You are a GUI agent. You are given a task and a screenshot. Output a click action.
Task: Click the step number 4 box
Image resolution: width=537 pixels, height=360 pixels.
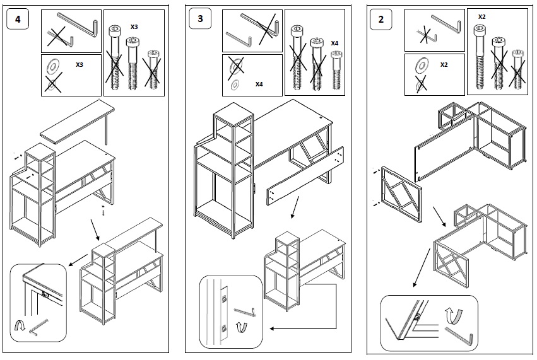[18, 19]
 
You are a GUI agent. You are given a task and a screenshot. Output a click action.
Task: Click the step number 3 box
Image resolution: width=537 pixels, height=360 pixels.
[201, 19]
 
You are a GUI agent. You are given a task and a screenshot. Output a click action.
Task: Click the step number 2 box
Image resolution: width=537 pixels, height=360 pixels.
[381, 19]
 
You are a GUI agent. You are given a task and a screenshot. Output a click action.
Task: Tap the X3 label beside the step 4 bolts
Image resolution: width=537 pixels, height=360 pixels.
[135, 28]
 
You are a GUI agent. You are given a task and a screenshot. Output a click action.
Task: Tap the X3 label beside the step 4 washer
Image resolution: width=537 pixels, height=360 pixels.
[80, 65]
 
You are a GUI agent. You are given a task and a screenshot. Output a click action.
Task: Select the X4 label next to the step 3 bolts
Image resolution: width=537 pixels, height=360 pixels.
[335, 42]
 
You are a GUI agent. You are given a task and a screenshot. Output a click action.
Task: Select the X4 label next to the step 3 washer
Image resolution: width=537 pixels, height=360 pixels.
[259, 84]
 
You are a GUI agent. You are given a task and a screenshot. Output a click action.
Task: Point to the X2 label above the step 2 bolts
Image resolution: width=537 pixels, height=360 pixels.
[481, 16]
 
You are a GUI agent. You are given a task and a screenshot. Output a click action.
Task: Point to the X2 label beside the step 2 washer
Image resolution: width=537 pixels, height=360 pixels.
[444, 65]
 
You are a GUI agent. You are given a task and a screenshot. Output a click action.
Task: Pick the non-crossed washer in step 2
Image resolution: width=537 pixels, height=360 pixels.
[420, 64]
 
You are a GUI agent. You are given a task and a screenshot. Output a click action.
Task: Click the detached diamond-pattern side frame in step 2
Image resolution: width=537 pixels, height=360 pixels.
[401, 193]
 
